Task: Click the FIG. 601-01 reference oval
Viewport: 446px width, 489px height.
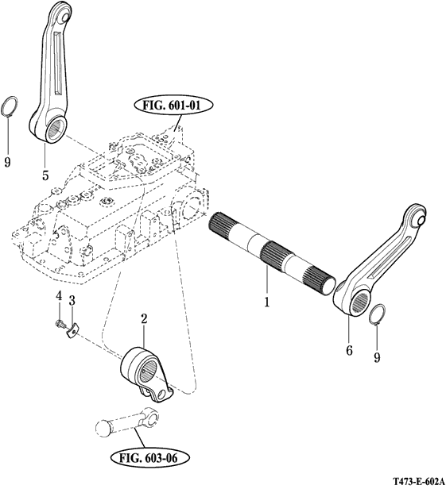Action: pyautogui.click(x=173, y=106)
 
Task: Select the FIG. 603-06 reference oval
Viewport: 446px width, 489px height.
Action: pyautogui.click(x=150, y=458)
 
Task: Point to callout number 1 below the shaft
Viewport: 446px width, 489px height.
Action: pyautogui.click(x=267, y=302)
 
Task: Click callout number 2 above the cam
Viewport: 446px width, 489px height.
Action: pyautogui.click(x=144, y=319)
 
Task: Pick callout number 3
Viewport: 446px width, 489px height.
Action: pyautogui.click(x=72, y=301)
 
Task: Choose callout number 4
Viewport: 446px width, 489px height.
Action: pyautogui.click(x=59, y=295)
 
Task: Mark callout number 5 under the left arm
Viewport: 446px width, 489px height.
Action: pyautogui.click(x=45, y=175)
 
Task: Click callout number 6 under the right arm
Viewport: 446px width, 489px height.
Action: pyautogui.click(x=349, y=351)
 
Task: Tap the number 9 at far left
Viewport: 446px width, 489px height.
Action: pyautogui.click(x=7, y=162)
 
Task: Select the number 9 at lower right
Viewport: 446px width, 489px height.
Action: pyautogui.click(x=378, y=357)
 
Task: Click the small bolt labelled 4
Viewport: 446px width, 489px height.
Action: pyautogui.click(x=60, y=325)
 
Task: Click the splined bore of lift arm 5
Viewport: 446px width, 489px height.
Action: pyautogui.click(x=57, y=129)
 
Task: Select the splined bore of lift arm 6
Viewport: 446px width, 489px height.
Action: pyautogui.click(x=361, y=303)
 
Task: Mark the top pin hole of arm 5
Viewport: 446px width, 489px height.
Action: pyautogui.click(x=65, y=16)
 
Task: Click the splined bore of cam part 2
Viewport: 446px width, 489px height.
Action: pyautogui.click(x=149, y=372)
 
